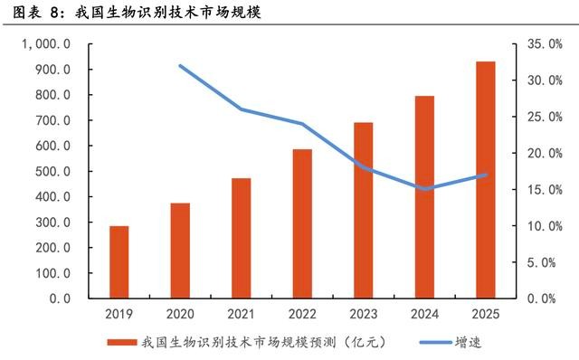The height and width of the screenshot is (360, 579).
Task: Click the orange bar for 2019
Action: coord(119,261)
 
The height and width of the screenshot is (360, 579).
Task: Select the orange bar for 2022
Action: coord(302,223)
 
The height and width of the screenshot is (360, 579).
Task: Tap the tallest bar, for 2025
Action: coord(486,179)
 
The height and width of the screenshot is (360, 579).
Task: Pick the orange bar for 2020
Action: coord(180,251)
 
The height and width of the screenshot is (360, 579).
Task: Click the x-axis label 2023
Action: coord(364,314)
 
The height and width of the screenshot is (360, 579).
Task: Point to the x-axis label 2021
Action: coord(242,314)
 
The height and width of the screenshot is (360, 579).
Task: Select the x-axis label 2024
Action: coord(424,314)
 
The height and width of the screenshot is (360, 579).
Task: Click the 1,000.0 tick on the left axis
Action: coord(46,44)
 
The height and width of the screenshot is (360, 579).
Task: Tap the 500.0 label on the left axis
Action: coord(52,171)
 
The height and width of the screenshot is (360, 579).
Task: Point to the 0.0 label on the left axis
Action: coord(60,298)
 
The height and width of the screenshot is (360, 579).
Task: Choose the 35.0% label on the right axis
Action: coord(545,44)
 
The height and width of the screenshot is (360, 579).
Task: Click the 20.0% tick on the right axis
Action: coord(545,153)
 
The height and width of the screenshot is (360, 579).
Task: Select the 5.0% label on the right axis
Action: coord(541,262)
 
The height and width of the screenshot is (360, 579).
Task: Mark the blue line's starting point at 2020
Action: coord(181,66)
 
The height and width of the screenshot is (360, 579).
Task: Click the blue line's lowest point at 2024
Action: coord(425,189)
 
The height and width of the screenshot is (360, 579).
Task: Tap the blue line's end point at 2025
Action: coord(486,175)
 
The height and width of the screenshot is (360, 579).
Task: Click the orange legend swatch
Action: coord(122,342)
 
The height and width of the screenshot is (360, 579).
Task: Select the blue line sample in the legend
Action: coord(436,342)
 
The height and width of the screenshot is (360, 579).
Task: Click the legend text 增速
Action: coord(469,342)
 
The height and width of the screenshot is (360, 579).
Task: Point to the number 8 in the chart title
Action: coord(54,13)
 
